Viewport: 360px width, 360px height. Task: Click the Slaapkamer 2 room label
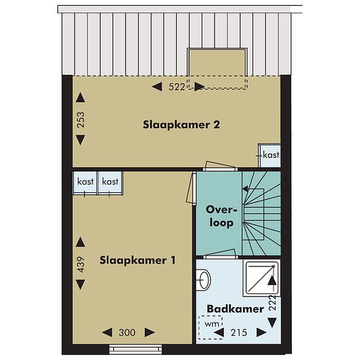point(181,124)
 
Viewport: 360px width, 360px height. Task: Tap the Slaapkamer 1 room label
point(137,261)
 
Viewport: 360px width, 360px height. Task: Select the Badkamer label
point(236,309)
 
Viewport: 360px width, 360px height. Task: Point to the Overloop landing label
point(221,216)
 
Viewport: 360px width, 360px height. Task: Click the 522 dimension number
point(177,87)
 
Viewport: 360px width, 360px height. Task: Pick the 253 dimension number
point(81,120)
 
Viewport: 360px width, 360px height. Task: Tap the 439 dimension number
point(81,264)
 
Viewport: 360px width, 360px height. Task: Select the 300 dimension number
point(127,333)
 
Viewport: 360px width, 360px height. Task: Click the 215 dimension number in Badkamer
point(239,333)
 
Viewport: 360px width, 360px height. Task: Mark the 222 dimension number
point(272,302)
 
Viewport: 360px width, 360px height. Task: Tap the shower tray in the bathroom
point(262,278)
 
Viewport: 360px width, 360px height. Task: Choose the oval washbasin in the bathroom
point(204,280)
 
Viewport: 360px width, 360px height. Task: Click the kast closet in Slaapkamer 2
point(269,156)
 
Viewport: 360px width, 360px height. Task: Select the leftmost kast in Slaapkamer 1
point(85,183)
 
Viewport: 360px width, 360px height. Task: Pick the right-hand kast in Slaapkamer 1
point(111,183)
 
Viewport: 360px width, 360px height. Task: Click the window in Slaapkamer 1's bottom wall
point(135,350)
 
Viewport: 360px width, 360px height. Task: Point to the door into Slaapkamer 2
point(220,166)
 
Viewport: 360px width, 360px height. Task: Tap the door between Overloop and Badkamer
point(220,254)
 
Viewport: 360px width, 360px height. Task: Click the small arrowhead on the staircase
point(245,189)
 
